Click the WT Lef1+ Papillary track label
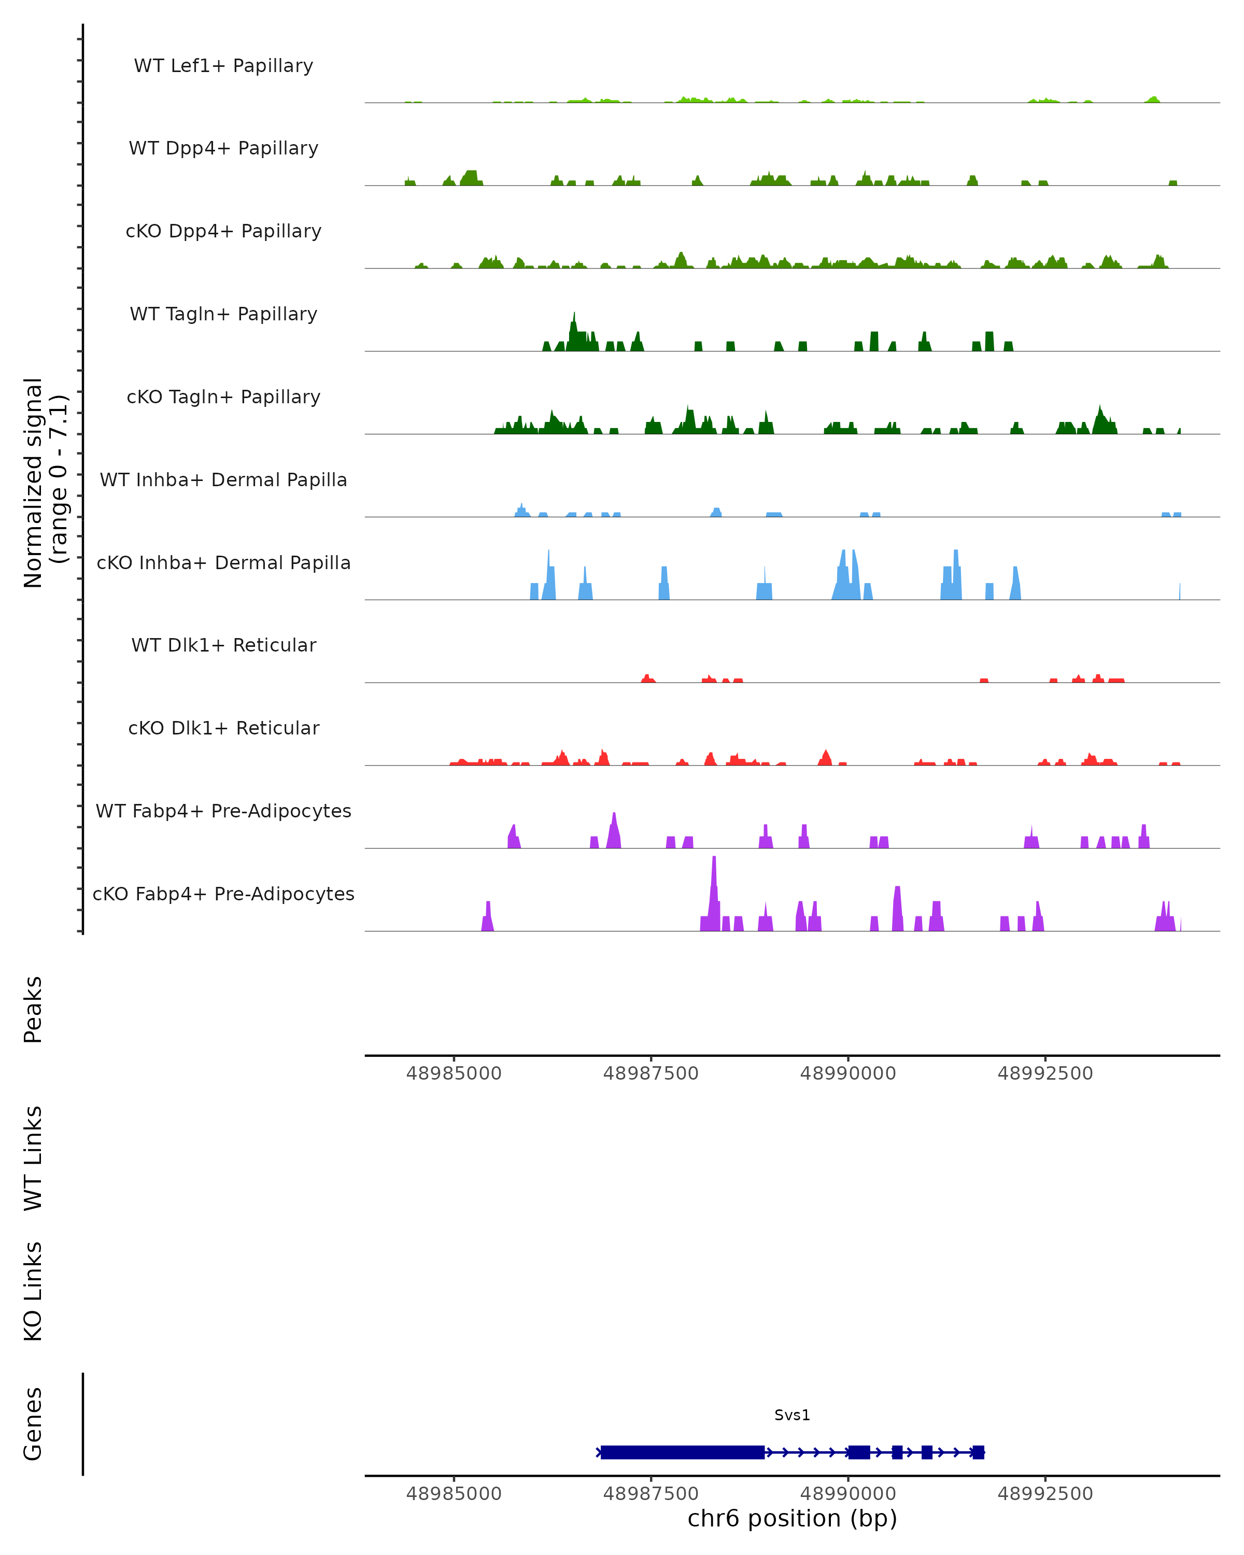pyautogui.click(x=223, y=66)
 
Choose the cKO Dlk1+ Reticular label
pyautogui.click(x=223, y=728)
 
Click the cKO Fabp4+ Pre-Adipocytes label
pyautogui.click(x=223, y=894)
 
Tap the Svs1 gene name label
pyautogui.click(x=792, y=1415)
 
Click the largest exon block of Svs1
pyautogui.click(x=682, y=1452)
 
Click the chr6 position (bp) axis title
pyautogui.click(x=792, y=1518)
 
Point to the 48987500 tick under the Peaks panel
pyautogui.click(x=651, y=1073)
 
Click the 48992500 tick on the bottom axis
pyautogui.click(x=1045, y=1493)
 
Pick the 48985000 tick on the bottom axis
pyautogui.click(x=454, y=1493)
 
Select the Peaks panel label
pyautogui.click(x=33, y=1009)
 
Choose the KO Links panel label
pyautogui.click(x=33, y=1291)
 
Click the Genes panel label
pyautogui.click(x=33, y=1424)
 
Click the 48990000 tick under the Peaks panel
pyautogui.click(x=848, y=1073)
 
